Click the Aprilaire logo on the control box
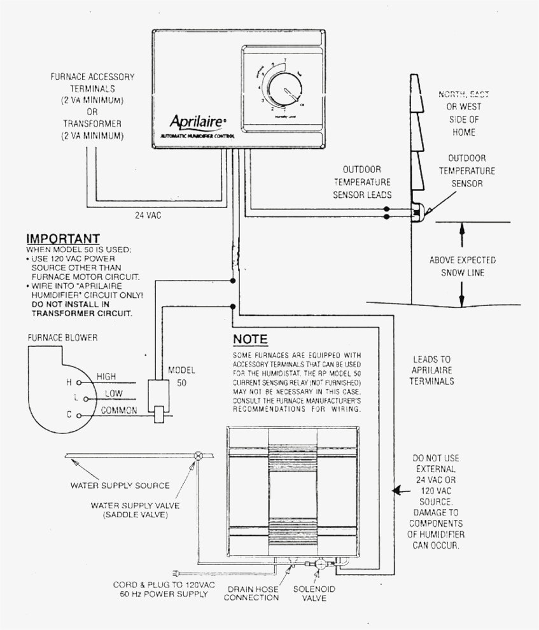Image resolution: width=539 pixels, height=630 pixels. [x=193, y=122]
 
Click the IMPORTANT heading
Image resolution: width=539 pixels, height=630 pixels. [x=63, y=239]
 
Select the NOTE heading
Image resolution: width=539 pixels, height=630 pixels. [x=250, y=339]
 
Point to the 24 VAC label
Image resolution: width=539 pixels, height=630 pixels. [x=148, y=215]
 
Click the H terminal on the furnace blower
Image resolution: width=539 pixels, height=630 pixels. [x=78, y=383]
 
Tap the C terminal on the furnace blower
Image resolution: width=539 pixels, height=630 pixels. [x=78, y=415]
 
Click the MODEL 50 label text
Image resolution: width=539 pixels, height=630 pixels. [x=181, y=377]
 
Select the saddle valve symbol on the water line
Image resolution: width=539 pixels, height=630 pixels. [x=198, y=456]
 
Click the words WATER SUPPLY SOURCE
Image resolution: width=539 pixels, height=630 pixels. [x=120, y=486]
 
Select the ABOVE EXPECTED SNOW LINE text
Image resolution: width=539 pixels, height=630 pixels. [x=462, y=267]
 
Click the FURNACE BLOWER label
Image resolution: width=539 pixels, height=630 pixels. [x=62, y=337]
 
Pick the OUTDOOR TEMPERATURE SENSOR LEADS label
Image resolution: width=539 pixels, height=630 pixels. [x=362, y=182]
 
